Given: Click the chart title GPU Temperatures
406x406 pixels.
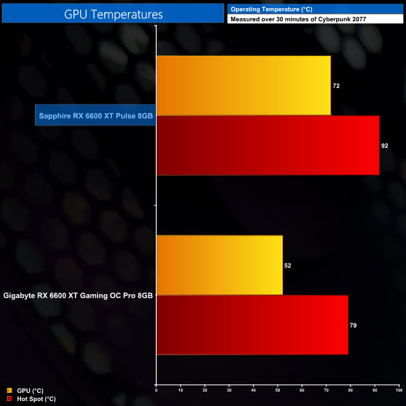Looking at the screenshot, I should [x=113, y=13].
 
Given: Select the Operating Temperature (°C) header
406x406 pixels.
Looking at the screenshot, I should [x=272, y=9].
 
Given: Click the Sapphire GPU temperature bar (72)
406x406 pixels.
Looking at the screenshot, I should [x=244, y=86].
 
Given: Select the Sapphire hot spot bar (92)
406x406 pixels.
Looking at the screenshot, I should [x=267, y=146].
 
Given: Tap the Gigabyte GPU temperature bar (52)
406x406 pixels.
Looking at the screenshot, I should [x=219, y=265].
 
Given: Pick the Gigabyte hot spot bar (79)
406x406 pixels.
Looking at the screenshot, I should [x=252, y=325].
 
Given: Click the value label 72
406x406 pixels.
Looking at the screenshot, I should [x=336, y=86].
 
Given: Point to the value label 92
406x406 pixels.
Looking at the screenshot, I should [x=385, y=146].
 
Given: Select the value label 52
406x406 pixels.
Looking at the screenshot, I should [x=287, y=265].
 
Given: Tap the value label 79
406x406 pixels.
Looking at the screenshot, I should [x=353, y=325].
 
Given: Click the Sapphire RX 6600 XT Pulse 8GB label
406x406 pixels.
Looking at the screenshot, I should [x=96, y=116].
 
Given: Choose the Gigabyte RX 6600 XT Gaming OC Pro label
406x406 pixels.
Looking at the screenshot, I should [x=78, y=295].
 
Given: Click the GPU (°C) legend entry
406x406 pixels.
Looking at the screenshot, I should [x=28, y=390].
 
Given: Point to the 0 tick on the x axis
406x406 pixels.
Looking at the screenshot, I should [x=156, y=391].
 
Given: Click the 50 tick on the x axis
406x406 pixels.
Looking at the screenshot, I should [x=277, y=391].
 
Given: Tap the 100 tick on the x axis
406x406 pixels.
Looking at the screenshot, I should [x=398, y=391].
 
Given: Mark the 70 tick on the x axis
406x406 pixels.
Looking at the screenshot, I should [x=326, y=391].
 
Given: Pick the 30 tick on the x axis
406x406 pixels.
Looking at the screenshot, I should [x=229, y=391].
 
